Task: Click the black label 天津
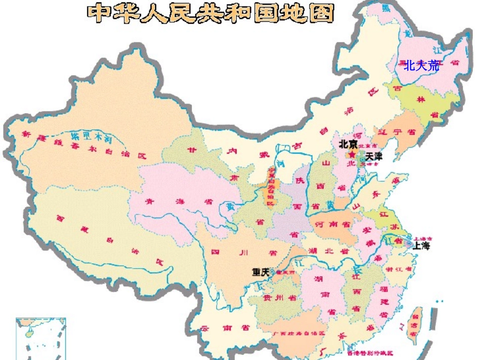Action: [374, 157]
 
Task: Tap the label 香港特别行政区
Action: [370, 352]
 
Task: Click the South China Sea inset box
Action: [41, 338]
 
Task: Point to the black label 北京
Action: [348, 144]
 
